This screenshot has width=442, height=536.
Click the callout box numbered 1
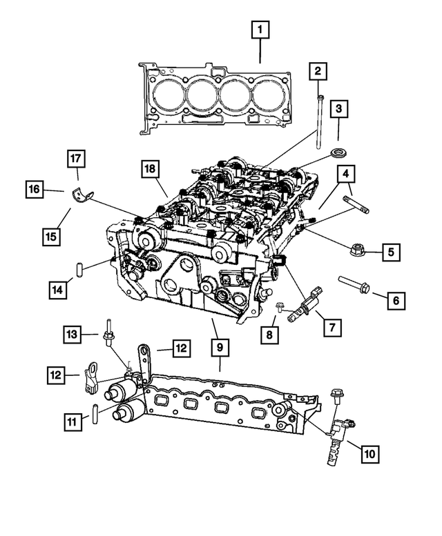pos(260,30)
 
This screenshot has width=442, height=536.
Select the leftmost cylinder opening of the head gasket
pos(168,93)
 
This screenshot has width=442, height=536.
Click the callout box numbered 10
pos(369,453)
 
